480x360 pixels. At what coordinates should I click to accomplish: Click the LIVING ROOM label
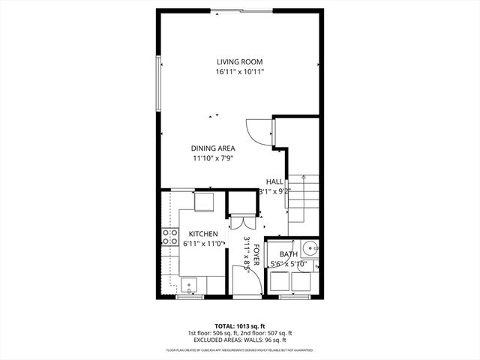240,61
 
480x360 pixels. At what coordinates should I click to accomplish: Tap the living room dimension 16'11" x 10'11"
240,72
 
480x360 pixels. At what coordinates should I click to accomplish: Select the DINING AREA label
213,148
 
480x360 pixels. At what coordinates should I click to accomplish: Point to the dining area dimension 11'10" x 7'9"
213,157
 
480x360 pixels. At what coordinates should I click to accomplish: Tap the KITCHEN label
203,234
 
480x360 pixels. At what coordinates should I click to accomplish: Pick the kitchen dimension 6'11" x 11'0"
203,244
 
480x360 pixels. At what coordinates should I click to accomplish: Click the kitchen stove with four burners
169,237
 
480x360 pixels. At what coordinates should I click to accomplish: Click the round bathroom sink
309,247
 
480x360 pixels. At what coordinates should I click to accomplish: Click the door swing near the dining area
259,132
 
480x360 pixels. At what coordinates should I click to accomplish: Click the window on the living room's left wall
158,83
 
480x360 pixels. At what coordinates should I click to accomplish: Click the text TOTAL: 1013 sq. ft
240,326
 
